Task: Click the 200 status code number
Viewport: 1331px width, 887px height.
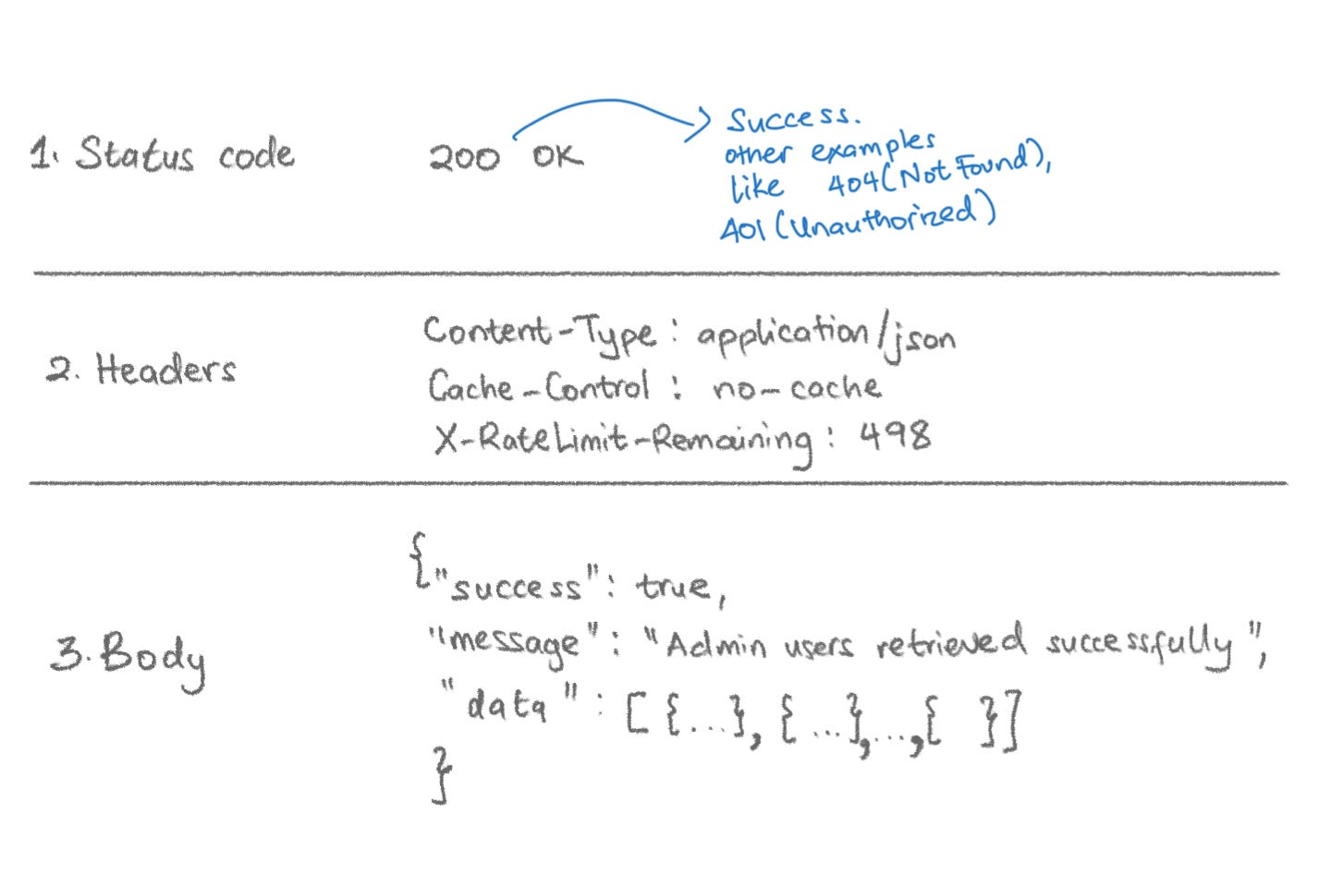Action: click(464, 157)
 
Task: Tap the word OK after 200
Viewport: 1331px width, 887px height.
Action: click(557, 156)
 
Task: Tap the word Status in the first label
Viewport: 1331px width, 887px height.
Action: click(135, 154)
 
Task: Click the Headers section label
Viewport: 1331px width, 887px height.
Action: click(165, 370)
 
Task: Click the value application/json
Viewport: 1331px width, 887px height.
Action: click(825, 337)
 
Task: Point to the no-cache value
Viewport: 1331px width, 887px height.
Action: click(796, 386)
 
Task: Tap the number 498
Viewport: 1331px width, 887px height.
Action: click(895, 435)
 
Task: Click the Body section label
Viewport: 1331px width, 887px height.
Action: click(153, 657)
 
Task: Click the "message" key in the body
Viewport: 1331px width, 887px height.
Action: click(517, 642)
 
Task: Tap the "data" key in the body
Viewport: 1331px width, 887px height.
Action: click(507, 704)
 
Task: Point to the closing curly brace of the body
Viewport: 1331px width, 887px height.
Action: click(443, 774)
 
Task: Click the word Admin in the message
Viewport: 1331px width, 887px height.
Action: click(715, 645)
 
